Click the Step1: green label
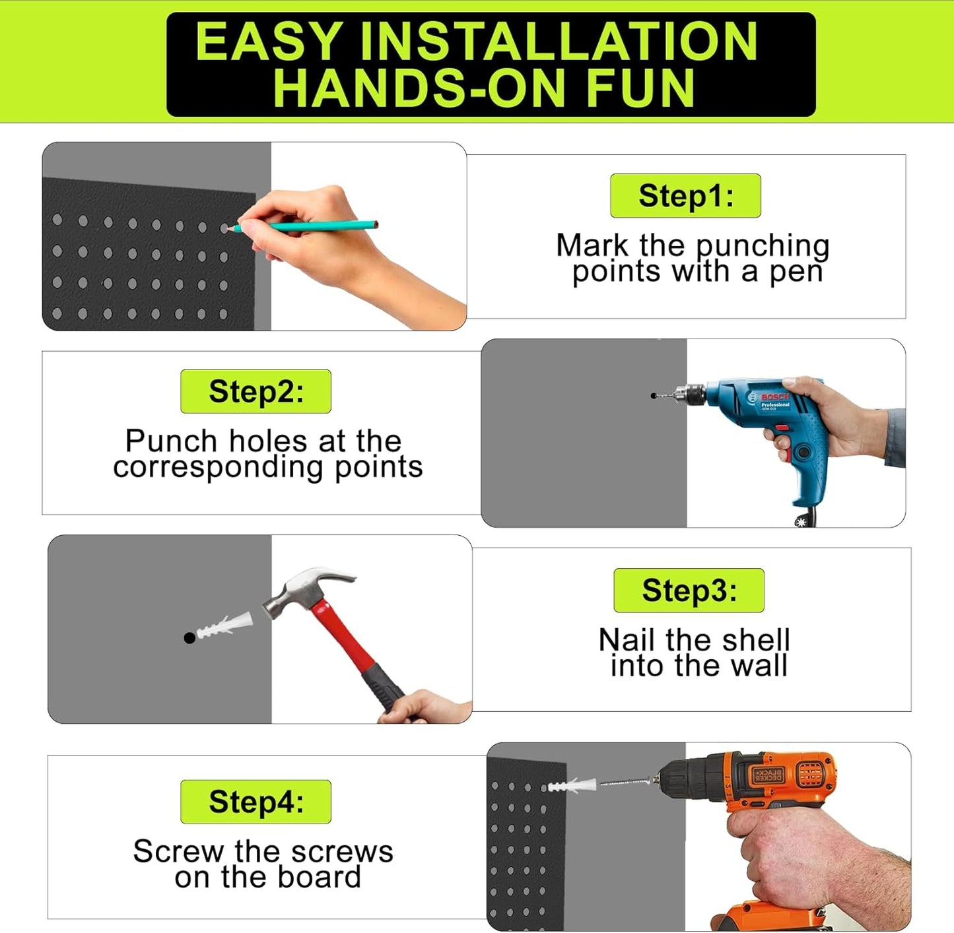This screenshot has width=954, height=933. (x=685, y=196)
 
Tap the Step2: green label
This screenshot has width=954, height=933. (x=256, y=391)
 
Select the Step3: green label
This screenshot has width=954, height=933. (x=689, y=590)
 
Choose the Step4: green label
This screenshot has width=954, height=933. (x=256, y=802)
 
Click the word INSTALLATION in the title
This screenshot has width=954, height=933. (x=559, y=42)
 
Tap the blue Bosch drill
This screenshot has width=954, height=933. (x=772, y=422)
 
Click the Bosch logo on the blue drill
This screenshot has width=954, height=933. (x=774, y=397)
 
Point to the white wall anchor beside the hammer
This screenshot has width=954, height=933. (x=225, y=625)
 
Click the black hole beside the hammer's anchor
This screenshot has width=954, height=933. (x=189, y=638)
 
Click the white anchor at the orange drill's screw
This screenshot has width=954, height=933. (x=572, y=786)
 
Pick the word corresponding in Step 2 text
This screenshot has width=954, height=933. (x=218, y=468)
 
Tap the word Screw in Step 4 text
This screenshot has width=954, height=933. (x=178, y=851)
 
